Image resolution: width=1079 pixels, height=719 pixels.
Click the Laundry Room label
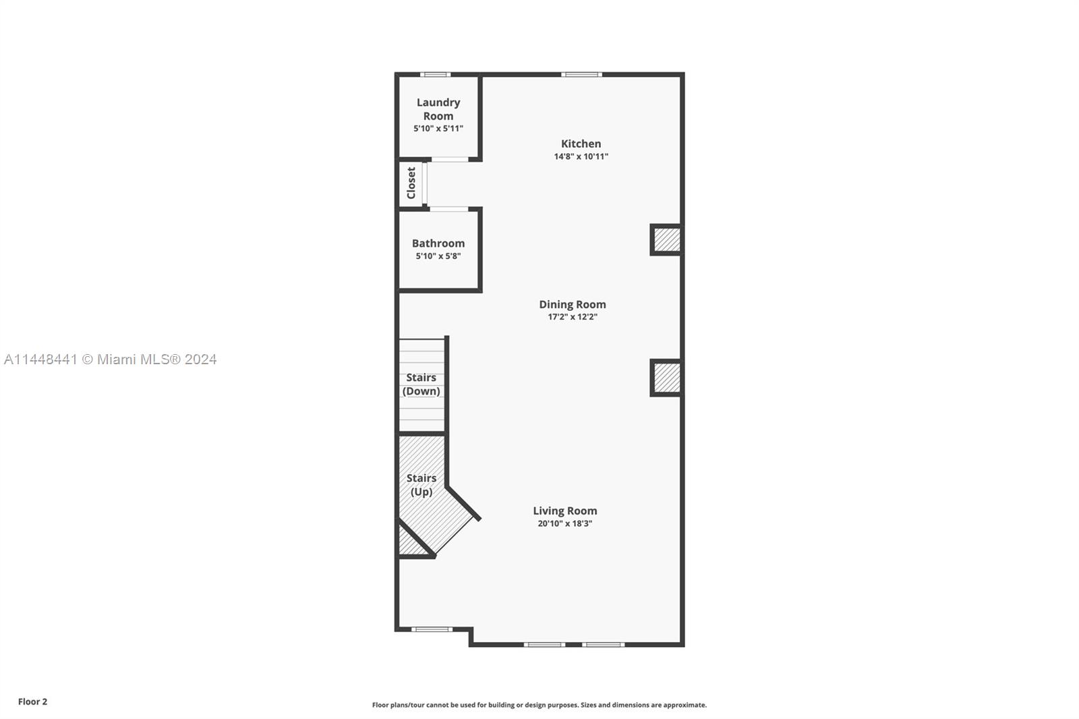pyautogui.click(x=438, y=109)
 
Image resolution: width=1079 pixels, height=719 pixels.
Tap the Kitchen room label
pyautogui.click(x=581, y=144)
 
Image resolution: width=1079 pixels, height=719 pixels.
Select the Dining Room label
pyautogui.click(x=572, y=304)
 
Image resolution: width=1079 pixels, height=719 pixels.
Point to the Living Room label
pyautogui.click(x=564, y=511)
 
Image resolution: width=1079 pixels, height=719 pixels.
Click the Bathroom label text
pyautogui.click(x=438, y=243)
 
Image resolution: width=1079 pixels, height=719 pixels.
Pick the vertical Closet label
pyautogui.click(x=411, y=183)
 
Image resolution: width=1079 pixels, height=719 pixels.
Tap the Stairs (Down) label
pyautogui.click(x=421, y=384)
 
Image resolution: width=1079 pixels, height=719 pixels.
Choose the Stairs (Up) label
pyautogui.click(x=421, y=485)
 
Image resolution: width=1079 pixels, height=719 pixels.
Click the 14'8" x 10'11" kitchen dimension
pyautogui.click(x=581, y=156)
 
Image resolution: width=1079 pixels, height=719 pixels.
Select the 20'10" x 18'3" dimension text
pyautogui.click(x=564, y=523)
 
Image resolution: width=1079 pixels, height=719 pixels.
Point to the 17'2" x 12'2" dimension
pyautogui.click(x=572, y=317)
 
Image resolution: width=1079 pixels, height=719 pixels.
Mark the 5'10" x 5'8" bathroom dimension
pyautogui.click(x=438, y=256)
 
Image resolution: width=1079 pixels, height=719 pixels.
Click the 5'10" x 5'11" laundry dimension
pyautogui.click(x=438, y=128)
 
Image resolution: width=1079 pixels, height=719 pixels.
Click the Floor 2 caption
pyautogui.click(x=32, y=701)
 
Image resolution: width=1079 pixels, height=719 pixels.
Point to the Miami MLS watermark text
pyautogui.click(x=111, y=359)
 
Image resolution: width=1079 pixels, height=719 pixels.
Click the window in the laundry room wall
pyautogui.click(x=435, y=74)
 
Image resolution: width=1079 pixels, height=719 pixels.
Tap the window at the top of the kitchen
pyautogui.click(x=581, y=74)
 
